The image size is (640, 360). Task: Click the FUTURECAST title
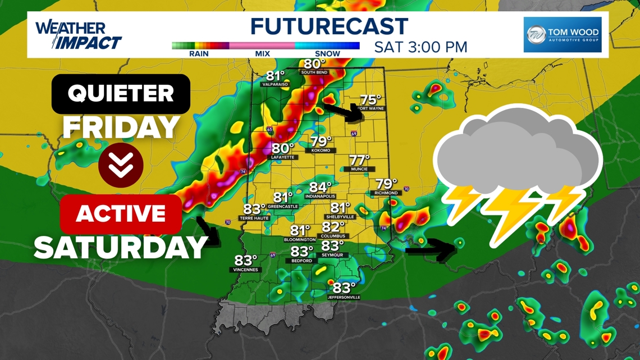click(329, 26)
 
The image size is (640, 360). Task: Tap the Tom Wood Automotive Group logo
click(563, 35)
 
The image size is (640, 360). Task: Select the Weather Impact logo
click(77, 35)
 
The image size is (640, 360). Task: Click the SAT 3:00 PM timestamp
click(420, 47)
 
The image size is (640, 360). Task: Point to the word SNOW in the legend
click(327, 54)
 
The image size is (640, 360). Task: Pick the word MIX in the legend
click(262, 54)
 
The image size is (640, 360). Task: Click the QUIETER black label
click(121, 93)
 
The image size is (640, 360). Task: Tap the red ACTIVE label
click(121, 214)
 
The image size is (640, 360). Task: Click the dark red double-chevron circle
click(121, 165)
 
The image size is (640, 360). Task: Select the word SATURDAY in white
click(121, 247)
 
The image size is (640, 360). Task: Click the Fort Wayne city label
click(370, 108)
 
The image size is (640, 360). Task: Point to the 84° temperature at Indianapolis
click(321, 187)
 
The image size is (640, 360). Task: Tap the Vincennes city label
click(246, 270)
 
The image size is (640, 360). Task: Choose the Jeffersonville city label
click(344, 297)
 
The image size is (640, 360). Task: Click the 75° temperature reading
click(371, 100)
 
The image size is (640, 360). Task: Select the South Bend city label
click(314, 72)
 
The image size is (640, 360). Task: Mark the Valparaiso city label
click(275, 84)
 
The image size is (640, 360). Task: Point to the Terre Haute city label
click(254, 218)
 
